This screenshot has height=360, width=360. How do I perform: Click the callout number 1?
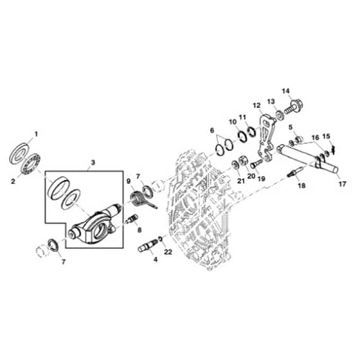click(x=36, y=134)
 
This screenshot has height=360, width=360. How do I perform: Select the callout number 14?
click(x=286, y=91)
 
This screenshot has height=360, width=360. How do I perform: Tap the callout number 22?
click(x=168, y=252)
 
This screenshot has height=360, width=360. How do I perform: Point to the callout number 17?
click(x=342, y=184)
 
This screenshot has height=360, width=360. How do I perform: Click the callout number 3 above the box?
click(x=93, y=163)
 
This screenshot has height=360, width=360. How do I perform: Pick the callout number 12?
click(x=257, y=105)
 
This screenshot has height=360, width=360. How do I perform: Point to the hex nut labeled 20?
click(x=244, y=160)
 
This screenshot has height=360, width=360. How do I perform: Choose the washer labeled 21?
click(x=235, y=165)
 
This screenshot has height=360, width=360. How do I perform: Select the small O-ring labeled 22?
click(x=161, y=239)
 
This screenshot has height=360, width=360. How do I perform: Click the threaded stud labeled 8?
click(x=132, y=219)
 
